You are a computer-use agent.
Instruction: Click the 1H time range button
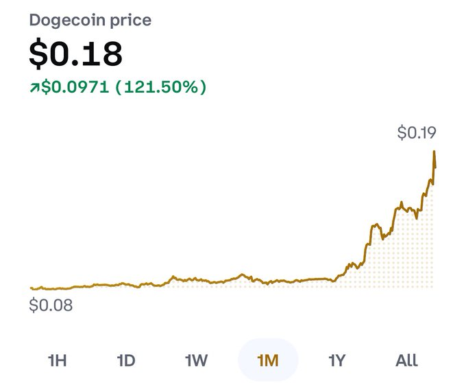coord(58,360)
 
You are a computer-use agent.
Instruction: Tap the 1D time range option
coord(126,360)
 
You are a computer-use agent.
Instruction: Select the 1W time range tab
coord(196,360)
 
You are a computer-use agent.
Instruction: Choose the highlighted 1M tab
coord(267,360)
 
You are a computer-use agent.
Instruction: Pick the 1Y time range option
coord(336,360)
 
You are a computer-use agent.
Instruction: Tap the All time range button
coord(406,360)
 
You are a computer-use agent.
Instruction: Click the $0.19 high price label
coord(417,132)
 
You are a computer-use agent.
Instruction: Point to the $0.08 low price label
coord(51,305)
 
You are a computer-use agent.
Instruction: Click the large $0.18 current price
coord(75,54)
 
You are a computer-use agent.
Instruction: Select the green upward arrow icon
coord(34,88)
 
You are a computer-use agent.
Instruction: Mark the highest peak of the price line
coord(434,151)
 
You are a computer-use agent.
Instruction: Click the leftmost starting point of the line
coord(31,288)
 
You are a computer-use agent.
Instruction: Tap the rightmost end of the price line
coord(435,167)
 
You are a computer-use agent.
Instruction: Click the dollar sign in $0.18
coord(38,54)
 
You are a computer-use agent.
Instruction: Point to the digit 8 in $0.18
coord(110,54)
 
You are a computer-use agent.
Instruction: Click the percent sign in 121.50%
coord(193,88)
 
